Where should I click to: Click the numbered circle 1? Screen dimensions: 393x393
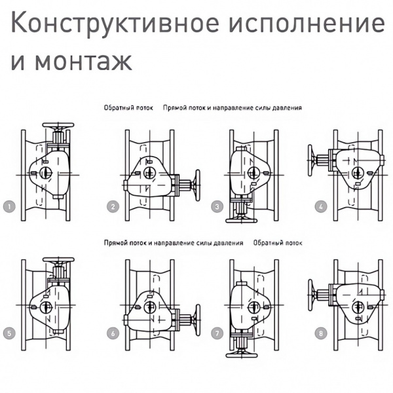pos(9,206)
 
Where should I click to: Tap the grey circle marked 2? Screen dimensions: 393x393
pos(113,206)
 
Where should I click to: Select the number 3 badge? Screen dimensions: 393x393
pos(217,206)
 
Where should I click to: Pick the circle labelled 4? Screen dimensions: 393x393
pos(320,206)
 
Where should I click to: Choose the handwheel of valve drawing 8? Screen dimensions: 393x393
pos(312,293)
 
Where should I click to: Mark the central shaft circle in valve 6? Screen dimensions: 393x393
pos(149,306)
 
